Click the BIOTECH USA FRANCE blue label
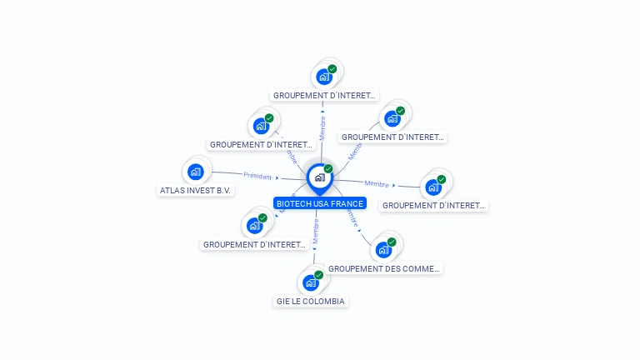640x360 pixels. click(319, 203)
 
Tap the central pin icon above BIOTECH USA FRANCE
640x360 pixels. click(319, 177)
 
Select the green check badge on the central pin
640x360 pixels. click(328, 168)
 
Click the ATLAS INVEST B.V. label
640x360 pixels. click(196, 190)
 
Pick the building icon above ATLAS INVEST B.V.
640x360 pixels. click(195, 172)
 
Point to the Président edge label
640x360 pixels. click(257, 176)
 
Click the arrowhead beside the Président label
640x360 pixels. click(277, 177)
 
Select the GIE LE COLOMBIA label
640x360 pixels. click(310, 301)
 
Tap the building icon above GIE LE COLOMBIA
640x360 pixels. click(311, 282)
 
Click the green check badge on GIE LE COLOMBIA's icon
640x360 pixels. click(318, 275)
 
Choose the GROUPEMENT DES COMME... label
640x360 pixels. click(384, 268)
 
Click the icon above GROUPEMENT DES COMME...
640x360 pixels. click(383, 250)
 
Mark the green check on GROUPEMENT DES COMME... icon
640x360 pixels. click(392, 242)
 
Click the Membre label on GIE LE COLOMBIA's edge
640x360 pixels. click(316, 232)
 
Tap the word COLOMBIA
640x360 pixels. click(326, 301)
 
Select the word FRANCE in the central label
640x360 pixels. click(347, 203)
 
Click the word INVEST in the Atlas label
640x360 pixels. click(201, 190)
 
